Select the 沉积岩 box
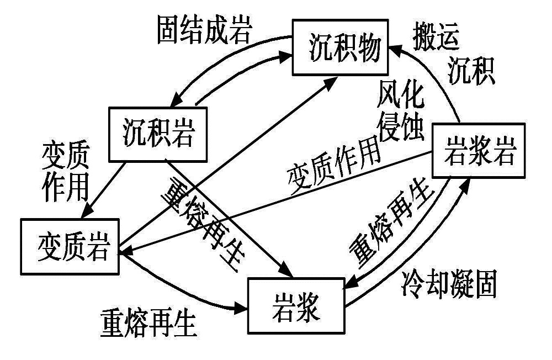(158, 133)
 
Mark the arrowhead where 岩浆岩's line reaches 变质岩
(127, 252)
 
